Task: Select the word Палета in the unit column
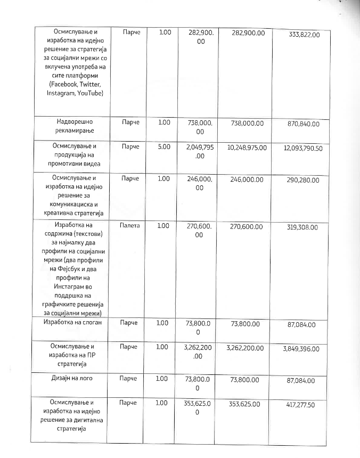click(130, 226)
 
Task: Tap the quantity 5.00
click(165, 146)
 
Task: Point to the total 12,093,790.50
click(303, 148)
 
